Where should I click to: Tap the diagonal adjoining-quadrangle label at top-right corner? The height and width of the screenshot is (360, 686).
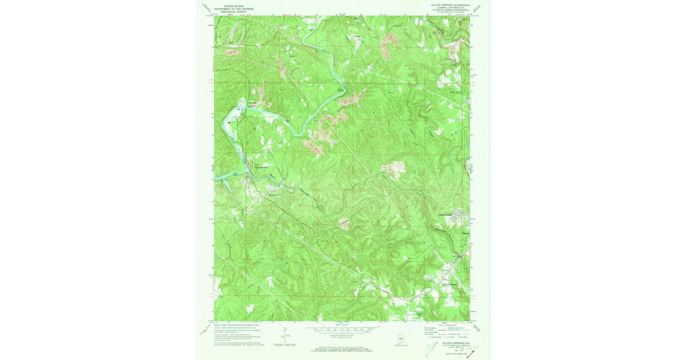(478, 8)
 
